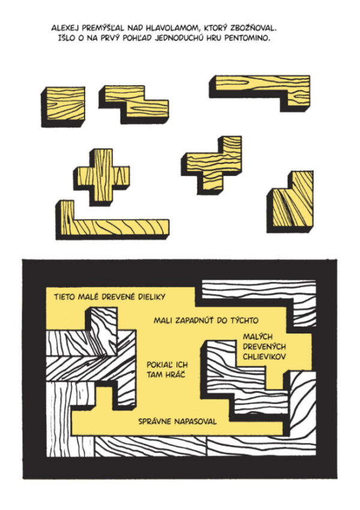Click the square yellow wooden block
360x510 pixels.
63,106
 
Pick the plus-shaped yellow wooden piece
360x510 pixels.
102,176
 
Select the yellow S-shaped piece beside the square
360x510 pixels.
134,104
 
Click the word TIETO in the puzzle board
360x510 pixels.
65,297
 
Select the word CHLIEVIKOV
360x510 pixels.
265,357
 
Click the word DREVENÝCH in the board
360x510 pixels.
265,347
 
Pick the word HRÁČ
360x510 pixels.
176,374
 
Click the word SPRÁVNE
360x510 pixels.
155,422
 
